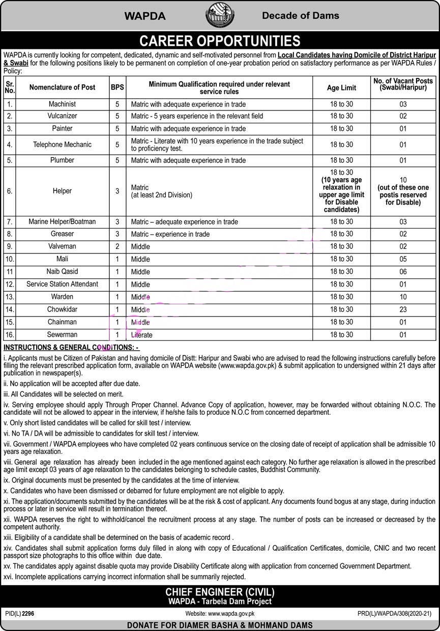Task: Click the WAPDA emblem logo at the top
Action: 220,16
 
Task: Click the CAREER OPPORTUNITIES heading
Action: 220,41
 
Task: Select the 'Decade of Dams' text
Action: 300,16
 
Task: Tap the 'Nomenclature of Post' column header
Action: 62,88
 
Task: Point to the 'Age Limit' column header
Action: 341,88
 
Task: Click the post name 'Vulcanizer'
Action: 62,116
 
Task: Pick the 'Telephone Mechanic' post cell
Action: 62,145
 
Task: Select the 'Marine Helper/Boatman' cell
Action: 62,221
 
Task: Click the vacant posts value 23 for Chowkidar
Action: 403,309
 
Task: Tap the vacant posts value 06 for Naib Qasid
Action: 403,272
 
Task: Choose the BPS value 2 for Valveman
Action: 118,246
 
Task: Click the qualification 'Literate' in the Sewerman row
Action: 142,335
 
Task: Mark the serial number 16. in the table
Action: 10,335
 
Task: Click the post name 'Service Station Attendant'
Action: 62,284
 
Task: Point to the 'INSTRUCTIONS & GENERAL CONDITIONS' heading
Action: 71,348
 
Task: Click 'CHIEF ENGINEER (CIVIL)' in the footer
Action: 220,592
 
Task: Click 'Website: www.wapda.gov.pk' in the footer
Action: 220,614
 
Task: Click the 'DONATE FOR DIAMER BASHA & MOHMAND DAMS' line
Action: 220,625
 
